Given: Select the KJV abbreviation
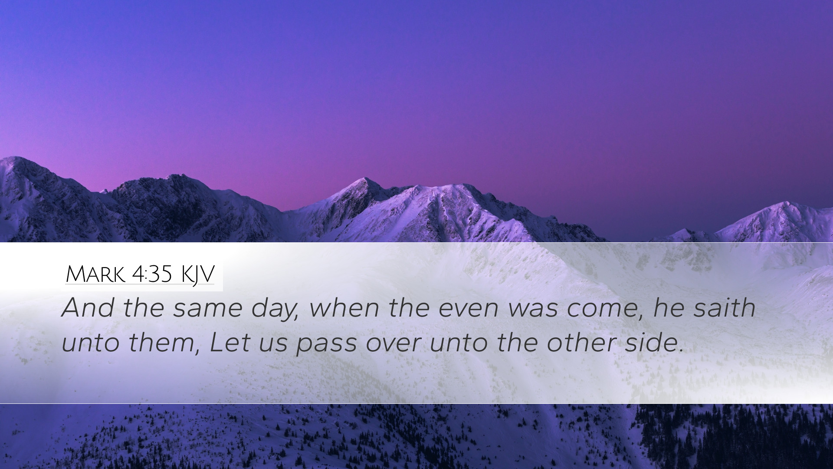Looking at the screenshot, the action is pyautogui.click(x=198, y=275).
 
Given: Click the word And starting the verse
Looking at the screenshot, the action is pyautogui.click(x=88, y=308).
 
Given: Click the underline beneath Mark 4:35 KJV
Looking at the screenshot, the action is pyautogui.click(x=140, y=284).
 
